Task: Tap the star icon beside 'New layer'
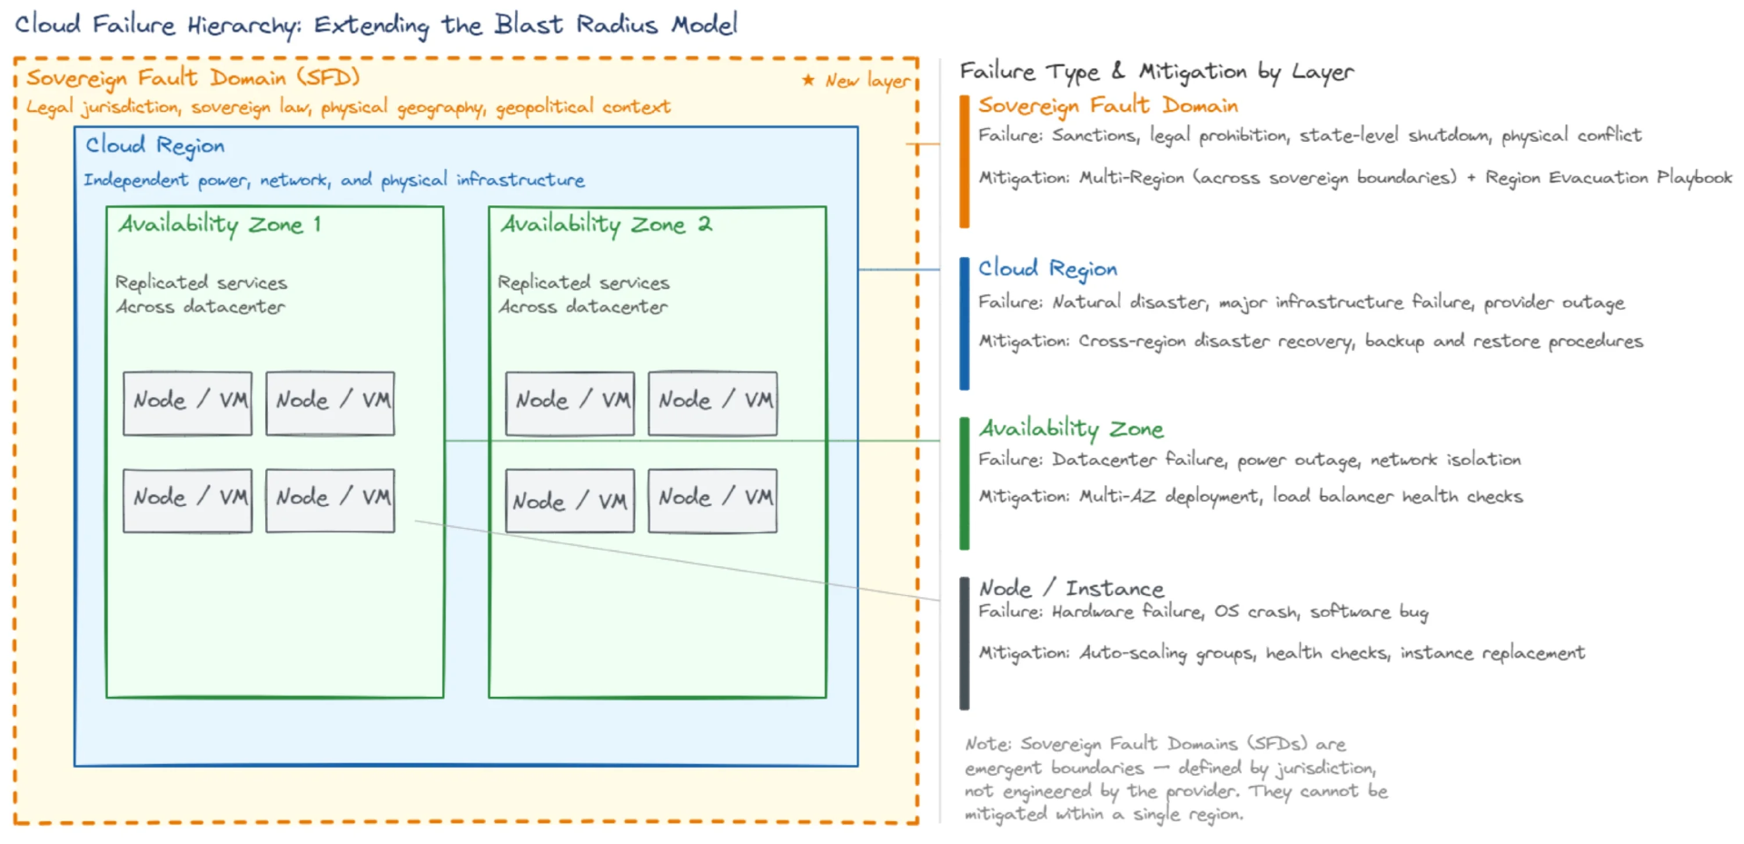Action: (x=808, y=80)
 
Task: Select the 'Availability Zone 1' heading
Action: (x=220, y=224)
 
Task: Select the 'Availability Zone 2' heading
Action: (x=606, y=224)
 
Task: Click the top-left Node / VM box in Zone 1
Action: (x=187, y=403)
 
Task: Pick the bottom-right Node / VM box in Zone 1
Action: (x=330, y=500)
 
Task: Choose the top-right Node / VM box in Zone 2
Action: (x=712, y=403)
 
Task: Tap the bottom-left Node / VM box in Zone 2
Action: (x=570, y=501)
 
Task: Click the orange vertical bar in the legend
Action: (x=965, y=161)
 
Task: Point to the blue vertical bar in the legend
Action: (x=965, y=323)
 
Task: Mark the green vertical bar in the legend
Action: (x=965, y=483)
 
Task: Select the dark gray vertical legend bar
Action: (x=965, y=643)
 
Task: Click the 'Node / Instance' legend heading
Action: (x=1071, y=589)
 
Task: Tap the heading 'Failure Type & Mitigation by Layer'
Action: (x=1156, y=72)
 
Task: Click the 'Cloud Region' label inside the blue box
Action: (x=154, y=145)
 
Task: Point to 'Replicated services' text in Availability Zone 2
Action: (x=583, y=283)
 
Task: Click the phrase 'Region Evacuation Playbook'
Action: (x=1608, y=177)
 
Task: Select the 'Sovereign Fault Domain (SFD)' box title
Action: (x=193, y=78)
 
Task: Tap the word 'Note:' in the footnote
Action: (x=987, y=744)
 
